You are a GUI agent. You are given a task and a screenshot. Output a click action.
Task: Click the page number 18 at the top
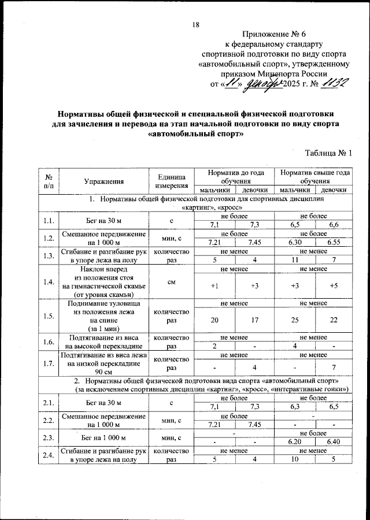(x=195, y=24)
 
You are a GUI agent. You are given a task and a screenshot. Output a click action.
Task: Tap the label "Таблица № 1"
(x=327, y=153)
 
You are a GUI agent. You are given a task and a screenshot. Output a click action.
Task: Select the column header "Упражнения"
(x=104, y=181)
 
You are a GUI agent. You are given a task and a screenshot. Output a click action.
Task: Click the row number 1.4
(x=49, y=281)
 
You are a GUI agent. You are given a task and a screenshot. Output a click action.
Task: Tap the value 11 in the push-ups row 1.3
(x=294, y=261)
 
